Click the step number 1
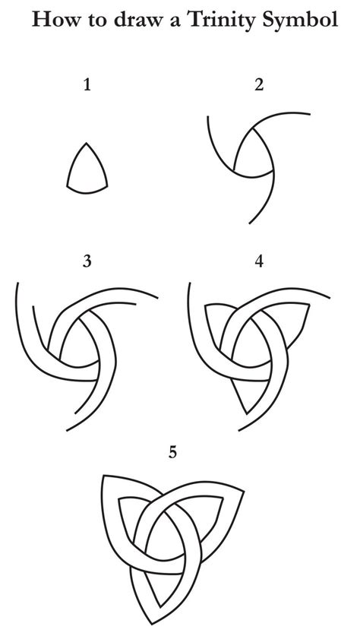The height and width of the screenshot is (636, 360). pos(87,85)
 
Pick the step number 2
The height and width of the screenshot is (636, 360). pos(260,85)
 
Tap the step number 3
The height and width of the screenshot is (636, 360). pos(87,261)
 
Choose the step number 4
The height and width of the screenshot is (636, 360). pos(260,261)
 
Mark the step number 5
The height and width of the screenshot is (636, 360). pos(173,452)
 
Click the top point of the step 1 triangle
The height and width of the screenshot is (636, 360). pos(87,143)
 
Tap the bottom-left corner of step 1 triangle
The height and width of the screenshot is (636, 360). pos(68,187)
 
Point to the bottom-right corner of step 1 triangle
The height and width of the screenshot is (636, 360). pos(107,187)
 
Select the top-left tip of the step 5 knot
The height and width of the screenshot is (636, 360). pos(104,476)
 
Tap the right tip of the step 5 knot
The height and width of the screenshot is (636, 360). pos(244,492)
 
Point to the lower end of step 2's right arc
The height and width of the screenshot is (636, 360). pos(249,223)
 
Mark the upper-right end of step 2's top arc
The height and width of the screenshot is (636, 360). pos(310,114)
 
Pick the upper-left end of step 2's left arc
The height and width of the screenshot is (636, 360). pos(208,117)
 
